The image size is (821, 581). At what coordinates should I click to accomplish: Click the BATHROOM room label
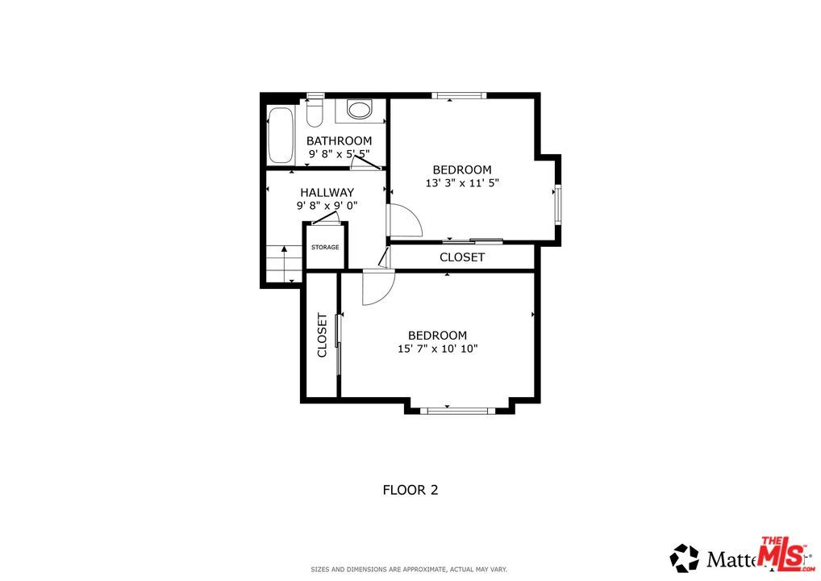[339, 140]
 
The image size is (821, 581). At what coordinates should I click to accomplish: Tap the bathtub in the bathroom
[281, 135]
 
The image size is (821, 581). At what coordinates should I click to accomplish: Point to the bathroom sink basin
[359, 109]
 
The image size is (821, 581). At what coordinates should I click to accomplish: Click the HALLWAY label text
[327, 192]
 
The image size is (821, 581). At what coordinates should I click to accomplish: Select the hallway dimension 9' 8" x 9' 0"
[327, 206]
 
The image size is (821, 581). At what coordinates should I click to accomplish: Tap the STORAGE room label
[325, 247]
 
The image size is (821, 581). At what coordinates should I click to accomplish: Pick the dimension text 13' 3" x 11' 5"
[462, 183]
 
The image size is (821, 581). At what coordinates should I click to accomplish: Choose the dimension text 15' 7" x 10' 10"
[437, 349]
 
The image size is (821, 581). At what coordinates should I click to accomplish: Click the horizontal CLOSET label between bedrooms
[462, 257]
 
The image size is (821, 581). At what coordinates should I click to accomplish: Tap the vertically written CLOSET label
[322, 336]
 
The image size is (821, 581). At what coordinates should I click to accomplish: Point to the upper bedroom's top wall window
[458, 95]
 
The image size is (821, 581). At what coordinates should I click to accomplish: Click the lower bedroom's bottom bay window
[458, 411]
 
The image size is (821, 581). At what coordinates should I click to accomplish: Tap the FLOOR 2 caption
[410, 489]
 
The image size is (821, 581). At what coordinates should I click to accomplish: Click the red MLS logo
[783, 554]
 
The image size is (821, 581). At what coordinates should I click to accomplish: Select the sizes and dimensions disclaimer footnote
[410, 570]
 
